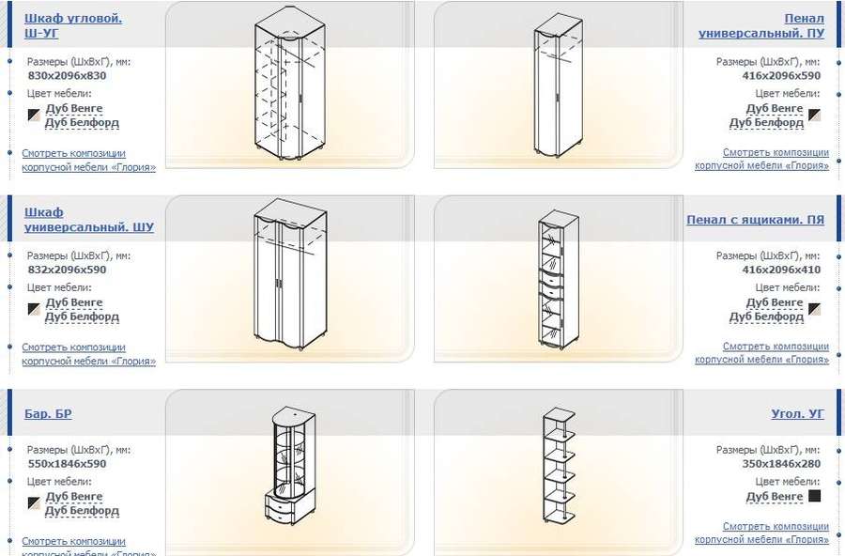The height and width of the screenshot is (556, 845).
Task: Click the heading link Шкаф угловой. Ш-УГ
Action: pyautogui.click(x=73, y=25)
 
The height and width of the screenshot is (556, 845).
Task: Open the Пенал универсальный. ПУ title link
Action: pyautogui.click(x=760, y=25)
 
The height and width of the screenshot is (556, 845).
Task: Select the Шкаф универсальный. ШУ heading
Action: pyautogui.click(x=89, y=220)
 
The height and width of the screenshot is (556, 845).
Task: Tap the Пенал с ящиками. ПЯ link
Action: pyautogui.click(x=755, y=220)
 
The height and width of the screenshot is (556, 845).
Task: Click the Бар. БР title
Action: pyautogui.click(x=48, y=413)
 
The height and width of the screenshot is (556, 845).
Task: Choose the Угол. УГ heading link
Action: pyautogui.click(x=797, y=413)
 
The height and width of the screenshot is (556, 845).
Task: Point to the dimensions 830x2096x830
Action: pyautogui.click(x=67, y=75)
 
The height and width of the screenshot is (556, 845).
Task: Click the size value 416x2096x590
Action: pyautogui.click(x=781, y=75)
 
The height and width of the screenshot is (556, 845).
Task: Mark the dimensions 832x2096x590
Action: pyautogui.click(x=67, y=270)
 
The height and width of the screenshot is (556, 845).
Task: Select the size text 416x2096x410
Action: pyautogui.click(x=781, y=270)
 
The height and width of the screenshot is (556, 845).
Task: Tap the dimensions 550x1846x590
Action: pyautogui.click(x=67, y=464)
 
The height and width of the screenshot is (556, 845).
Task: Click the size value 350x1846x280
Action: pyautogui.click(x=781, y=464)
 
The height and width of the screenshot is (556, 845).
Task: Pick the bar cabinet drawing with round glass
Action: pyautogui.click(x=290, y=465)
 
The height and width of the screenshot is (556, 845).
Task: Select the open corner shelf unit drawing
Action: pyautogui.click(x=559, y=466)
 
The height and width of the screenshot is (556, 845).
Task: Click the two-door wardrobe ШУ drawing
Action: pyautogui.click(x=290, y=274)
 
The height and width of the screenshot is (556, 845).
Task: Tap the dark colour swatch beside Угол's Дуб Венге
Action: pyautogui.click(x=814, y=496)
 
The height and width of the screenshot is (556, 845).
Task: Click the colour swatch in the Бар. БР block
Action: pyautogui.click(x=34, y=503)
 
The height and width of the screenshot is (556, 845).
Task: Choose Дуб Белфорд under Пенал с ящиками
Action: pyautogui.click(x=766, y=317)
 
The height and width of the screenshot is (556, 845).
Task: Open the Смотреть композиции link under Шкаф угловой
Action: pyautogui.click(x=88, y=161)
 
